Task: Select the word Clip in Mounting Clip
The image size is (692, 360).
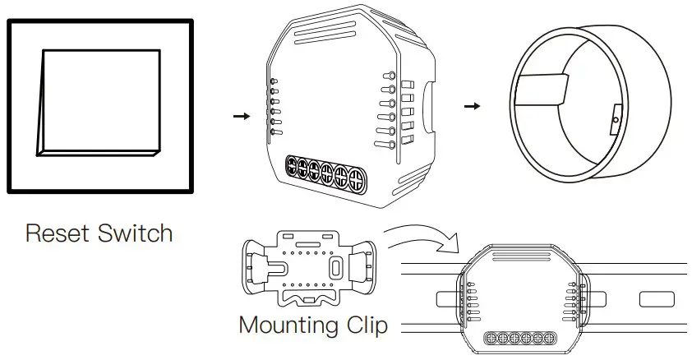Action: coord(363,325)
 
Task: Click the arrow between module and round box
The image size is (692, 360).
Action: coord(472,107)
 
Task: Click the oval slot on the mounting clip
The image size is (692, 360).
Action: coord(334,268)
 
